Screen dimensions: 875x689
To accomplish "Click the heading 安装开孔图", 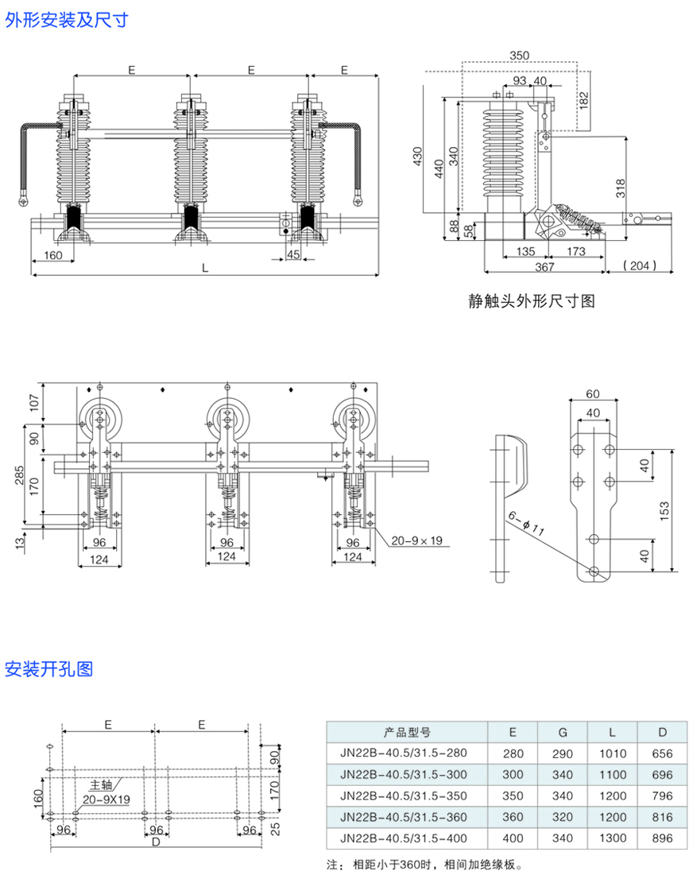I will point(48,668).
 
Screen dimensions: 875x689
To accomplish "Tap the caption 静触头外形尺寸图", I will point(532,301).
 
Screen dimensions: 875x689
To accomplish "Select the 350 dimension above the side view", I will point(519,56).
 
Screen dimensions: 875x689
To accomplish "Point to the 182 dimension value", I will point(584,100).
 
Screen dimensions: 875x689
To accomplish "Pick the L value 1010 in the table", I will point(613,753).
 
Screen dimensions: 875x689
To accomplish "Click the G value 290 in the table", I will point(562,753).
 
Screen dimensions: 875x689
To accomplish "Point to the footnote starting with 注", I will point(425,864).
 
